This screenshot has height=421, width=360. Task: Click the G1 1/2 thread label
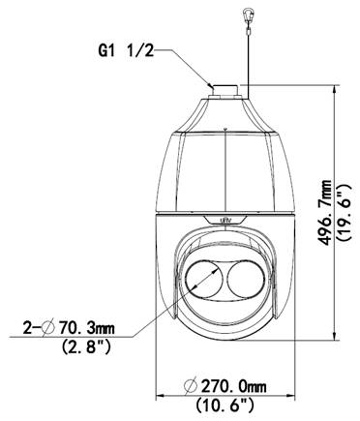126,50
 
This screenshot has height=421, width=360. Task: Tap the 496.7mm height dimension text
324,213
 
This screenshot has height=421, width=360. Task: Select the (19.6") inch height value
344,213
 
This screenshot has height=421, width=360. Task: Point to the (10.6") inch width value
225,405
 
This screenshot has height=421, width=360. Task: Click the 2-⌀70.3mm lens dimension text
69,329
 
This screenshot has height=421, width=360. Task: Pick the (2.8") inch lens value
86,347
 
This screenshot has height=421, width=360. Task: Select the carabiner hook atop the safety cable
247,14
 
